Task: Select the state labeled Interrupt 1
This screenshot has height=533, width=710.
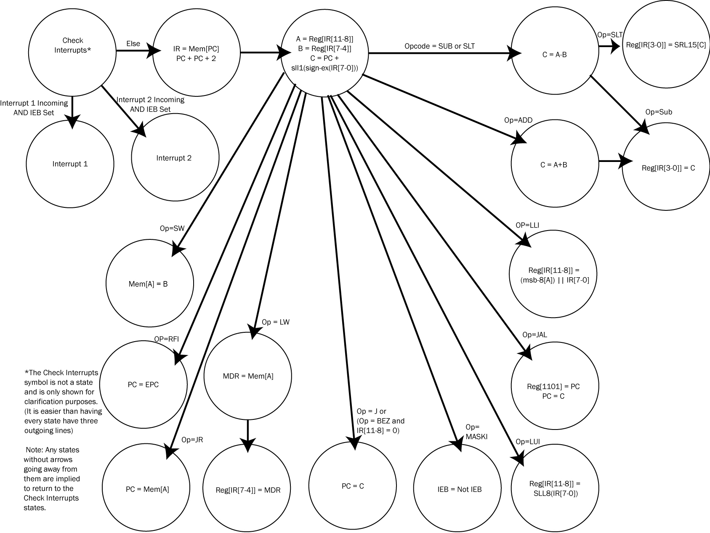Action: point(70,164)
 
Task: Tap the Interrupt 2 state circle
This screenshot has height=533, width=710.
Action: point(175,158)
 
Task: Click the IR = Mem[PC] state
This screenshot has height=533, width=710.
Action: point(196,53)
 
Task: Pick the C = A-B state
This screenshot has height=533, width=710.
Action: point(554,54)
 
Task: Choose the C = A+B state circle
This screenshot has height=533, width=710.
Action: point(554,164)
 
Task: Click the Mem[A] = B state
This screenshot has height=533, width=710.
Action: point(149,284)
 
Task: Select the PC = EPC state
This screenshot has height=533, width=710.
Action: point(144,384)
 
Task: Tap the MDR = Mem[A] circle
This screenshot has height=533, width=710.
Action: point(247,376)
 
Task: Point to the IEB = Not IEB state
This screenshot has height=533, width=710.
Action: point(457,489)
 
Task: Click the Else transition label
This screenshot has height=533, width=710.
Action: point(133,44)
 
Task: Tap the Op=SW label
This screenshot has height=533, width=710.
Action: point(172,228)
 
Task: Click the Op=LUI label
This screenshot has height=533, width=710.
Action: point(528,441)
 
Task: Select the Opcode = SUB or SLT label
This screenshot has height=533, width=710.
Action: point(439,46)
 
